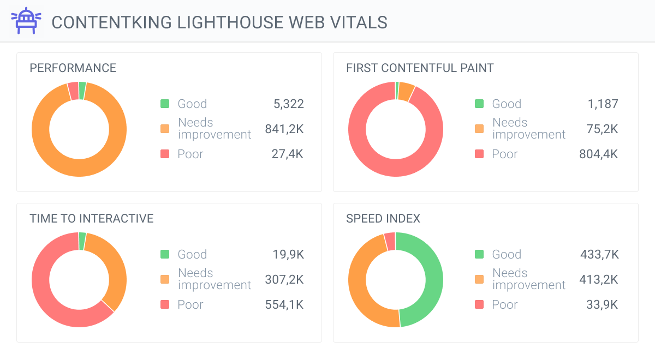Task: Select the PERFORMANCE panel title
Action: pos(73,68)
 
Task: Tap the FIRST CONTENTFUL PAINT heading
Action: pos(420,68)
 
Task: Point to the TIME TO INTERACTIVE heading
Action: pos(92,219)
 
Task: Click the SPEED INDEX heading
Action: pos(383,219)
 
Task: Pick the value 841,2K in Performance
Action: pos(284,129)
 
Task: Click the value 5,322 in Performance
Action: pos(289,104)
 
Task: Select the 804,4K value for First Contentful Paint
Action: pos(599,154)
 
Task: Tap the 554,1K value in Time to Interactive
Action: pos(284,304)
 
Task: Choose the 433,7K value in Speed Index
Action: pos(599,254)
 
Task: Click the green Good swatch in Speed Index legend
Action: pos(479,254)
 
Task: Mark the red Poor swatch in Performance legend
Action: pos(165,154)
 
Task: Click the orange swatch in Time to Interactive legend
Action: pos(165,279)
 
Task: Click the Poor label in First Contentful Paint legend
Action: pos(504,154)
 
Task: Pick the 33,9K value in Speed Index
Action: pos(602,304)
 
